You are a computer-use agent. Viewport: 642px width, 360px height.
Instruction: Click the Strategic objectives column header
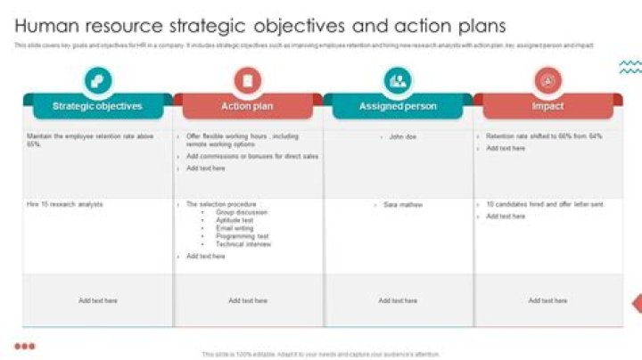pos(97,106)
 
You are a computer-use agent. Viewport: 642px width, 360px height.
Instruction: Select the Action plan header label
pos(247,106)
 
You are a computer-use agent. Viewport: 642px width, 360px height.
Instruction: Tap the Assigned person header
pos(398,106)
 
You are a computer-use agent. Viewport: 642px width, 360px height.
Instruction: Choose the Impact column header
pos(547,106)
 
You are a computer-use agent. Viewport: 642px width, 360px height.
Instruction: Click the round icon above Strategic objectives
pos(97,81)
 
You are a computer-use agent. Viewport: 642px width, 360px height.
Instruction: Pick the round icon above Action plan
pos(247,81)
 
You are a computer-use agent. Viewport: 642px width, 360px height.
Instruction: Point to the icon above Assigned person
pos(398,81)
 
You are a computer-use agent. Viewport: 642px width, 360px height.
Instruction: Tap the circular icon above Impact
pos(547,81)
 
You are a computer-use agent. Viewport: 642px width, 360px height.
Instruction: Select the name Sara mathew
pos(403,205)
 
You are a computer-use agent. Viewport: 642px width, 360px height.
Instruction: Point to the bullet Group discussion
pos(241,213)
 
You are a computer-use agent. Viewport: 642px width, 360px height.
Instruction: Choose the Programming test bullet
pos(242,236)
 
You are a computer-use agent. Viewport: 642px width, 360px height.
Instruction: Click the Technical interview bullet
pos(243,244)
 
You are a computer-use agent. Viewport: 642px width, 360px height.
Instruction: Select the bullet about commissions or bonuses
pos(252,156)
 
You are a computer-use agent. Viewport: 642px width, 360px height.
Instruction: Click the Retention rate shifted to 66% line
pos(544,136)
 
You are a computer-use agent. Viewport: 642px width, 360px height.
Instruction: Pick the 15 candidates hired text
pos(545,205)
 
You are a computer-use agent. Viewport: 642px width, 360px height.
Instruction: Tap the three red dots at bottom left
pos(25,346)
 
